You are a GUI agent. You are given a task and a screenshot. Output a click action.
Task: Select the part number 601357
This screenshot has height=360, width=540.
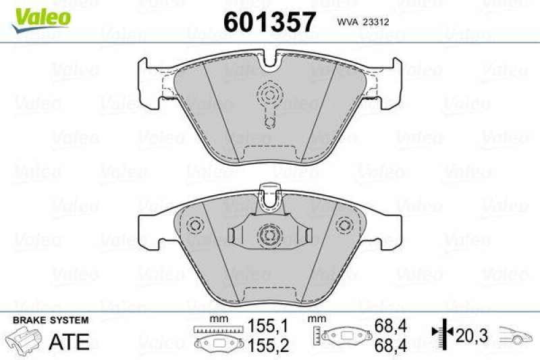[269, 22]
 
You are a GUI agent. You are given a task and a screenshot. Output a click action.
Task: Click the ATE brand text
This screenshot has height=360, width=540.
[70, 341]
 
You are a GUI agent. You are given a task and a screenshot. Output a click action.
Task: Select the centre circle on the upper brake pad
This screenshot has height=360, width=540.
[269, 94]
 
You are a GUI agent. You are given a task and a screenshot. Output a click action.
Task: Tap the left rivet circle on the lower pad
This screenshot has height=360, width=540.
[195, 225]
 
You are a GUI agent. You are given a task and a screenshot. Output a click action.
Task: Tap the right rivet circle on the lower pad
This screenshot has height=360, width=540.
[344, 225]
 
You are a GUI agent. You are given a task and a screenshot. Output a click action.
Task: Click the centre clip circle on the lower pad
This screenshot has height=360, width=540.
[269, 236]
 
